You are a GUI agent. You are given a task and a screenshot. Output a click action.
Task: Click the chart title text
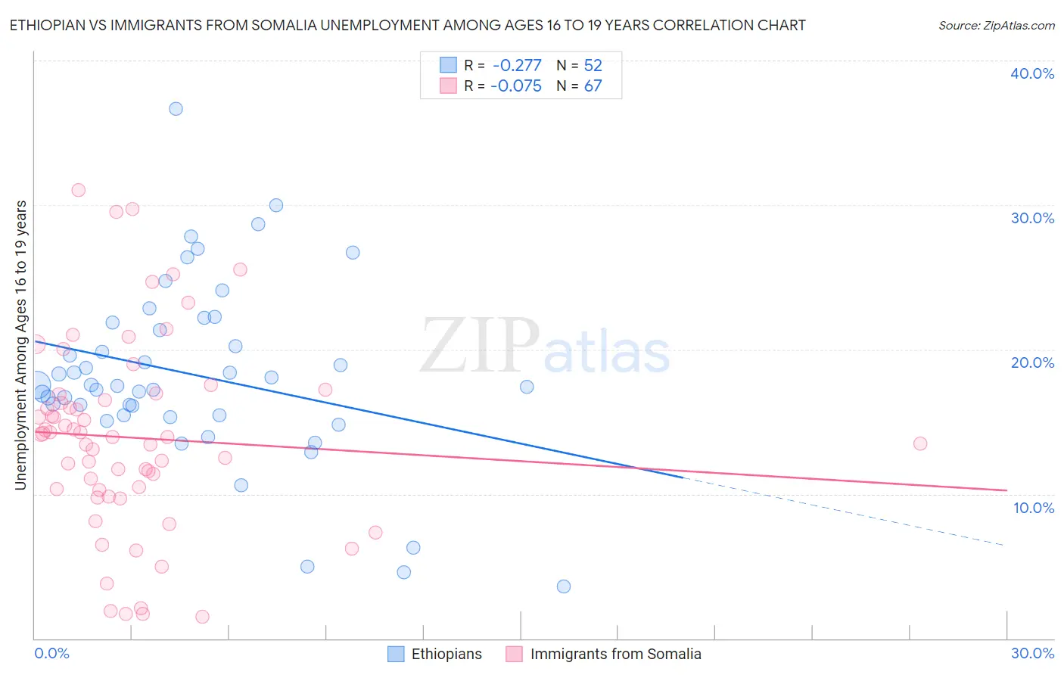tap(407, 25)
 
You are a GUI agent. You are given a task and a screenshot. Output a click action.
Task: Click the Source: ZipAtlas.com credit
tap(996, 25)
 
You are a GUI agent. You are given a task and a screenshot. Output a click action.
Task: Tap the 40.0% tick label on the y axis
tap(1032, 73)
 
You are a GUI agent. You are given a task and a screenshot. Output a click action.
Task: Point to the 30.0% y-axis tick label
tap(1032, 218)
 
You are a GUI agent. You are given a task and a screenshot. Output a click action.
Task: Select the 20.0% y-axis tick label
tap(1032, 362)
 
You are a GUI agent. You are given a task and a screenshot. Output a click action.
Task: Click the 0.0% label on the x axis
tap(52, 653)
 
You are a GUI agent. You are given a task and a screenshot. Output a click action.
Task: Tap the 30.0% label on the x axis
tap(1032, 653)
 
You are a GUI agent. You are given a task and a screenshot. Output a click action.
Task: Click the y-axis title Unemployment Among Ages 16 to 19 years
tap(21, 344)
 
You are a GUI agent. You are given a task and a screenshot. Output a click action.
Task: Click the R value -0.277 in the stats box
tap(516, 65)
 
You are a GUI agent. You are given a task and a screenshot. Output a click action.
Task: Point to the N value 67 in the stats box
tap(593, 86)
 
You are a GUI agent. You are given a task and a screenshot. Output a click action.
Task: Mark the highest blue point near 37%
tap(176, 108)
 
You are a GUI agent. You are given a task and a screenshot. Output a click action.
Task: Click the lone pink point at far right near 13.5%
tap(920, 443)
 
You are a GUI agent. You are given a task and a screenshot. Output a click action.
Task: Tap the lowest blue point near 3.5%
tap(564, 586)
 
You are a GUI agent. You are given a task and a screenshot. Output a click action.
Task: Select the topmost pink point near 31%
tap(78, 190)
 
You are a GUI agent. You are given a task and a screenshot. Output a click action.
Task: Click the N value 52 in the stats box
tap(593, 65)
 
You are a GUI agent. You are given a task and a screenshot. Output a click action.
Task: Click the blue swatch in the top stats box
tap(448, 65)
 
